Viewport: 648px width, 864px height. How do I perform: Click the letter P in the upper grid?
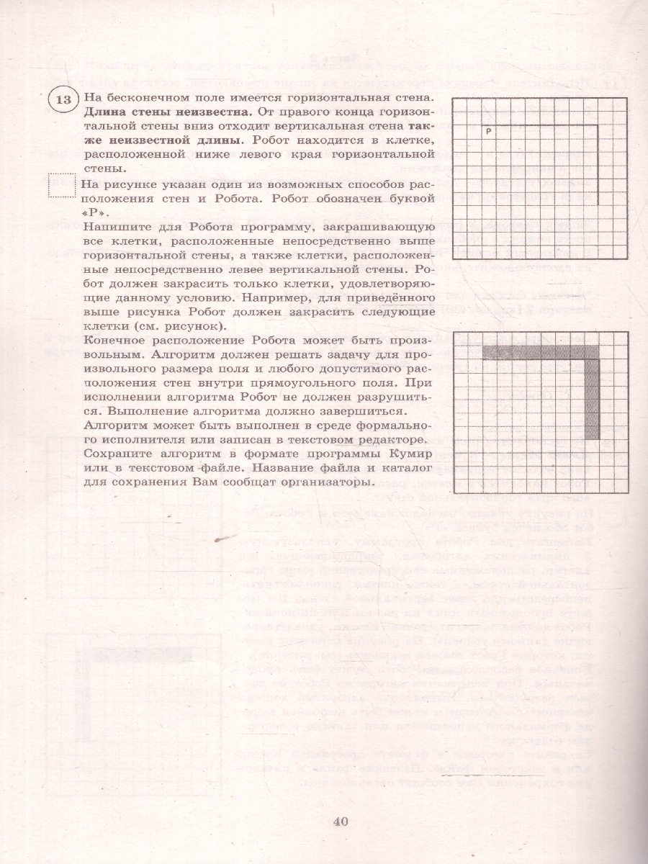[x=488, y=131]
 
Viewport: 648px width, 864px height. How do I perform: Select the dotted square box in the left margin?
[x=60, y=186]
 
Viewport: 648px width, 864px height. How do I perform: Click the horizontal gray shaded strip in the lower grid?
[x=540, y=352]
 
